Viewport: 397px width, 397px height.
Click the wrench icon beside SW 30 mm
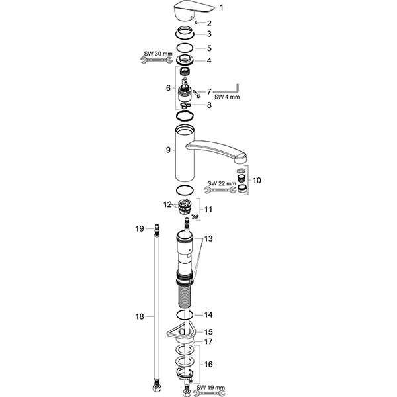(x=154, y=61)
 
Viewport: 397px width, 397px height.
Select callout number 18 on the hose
(x=140, y=317)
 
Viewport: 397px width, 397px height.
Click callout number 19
(x=140, y=228)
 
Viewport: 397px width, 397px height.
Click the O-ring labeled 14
(x=186, y=315)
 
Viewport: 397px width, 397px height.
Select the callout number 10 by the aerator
(x=257, y=179)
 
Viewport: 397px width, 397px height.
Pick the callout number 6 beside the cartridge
(x=168, y=87)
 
